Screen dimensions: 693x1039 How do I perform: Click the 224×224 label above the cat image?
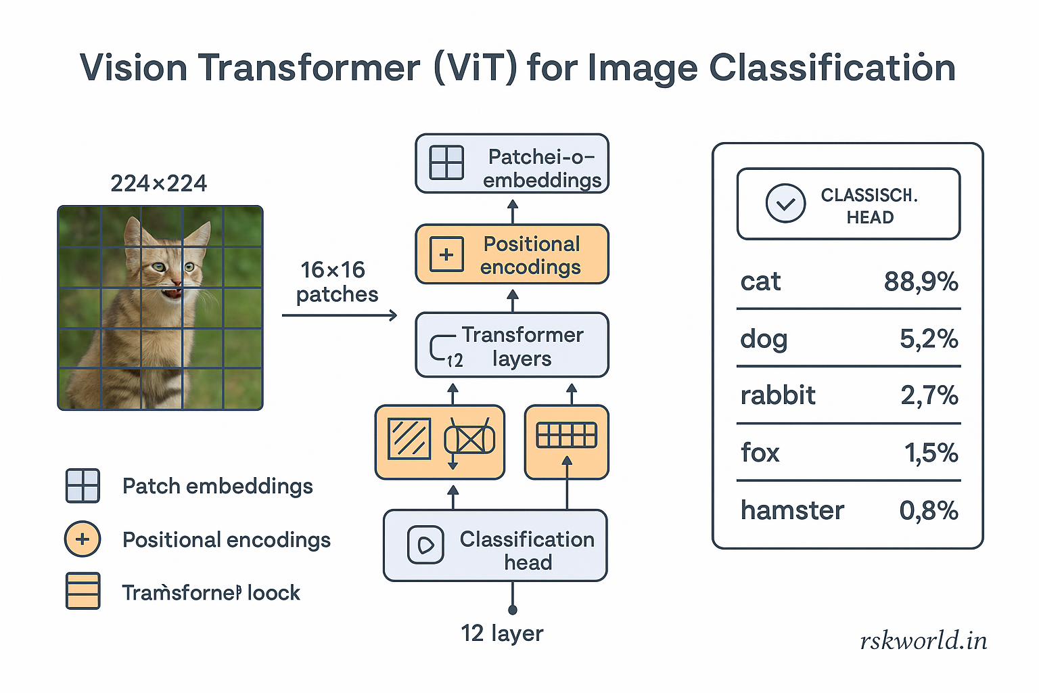click(158, 183)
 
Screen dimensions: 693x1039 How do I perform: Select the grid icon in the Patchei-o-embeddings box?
click(446, 163)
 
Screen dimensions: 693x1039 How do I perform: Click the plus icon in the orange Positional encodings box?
click(446, 254)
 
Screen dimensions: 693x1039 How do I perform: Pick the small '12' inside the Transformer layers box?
click(455, 360)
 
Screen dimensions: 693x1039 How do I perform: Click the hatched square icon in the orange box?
click(409, 439)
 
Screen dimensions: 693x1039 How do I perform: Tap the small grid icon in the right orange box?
click(566, 435)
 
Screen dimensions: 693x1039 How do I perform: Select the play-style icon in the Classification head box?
click(425, 545)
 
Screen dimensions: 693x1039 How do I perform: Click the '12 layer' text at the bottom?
click(502, 633)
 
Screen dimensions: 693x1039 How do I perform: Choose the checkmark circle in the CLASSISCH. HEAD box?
click(785, 204)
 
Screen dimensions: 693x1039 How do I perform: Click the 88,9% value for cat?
click(921, 282)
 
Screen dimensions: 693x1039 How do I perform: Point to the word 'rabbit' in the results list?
click(778, 395)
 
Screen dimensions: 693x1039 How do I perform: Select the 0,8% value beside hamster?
click(928, 510)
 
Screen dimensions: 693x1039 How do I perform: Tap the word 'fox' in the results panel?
click(760, 453)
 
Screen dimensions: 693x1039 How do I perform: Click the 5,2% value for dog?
click(928, 338)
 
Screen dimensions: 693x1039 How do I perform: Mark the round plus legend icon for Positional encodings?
click(83, 539)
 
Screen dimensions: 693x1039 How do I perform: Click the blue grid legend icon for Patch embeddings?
click(83, 486)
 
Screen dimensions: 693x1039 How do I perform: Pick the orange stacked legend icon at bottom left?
click(83, 591)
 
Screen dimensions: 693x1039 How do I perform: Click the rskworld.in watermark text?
click(923, 640)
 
